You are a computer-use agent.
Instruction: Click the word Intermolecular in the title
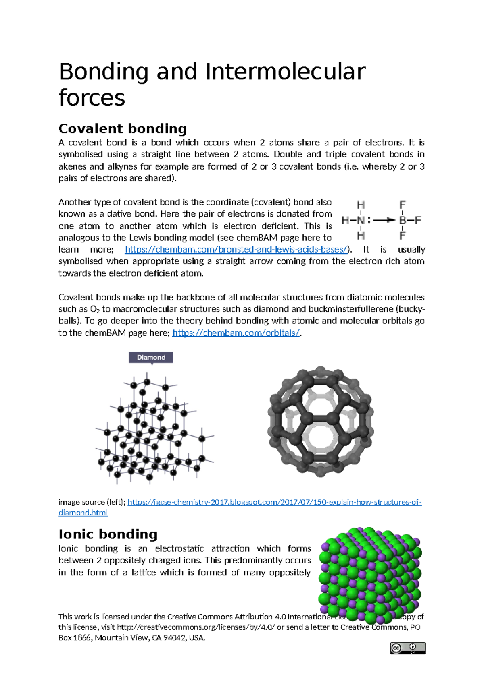coord(285,72)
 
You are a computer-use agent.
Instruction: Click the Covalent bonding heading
coord(123,129)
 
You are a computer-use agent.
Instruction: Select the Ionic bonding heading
coord(108,534)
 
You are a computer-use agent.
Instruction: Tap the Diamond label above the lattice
coord(151,357)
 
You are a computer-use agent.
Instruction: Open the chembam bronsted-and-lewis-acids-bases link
coord(236,250)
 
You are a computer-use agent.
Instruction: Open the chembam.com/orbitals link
coord(236,333)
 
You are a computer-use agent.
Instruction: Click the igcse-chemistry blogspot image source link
coord(274,502)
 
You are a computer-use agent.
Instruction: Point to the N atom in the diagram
coord(360,220)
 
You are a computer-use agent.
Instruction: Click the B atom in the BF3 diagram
coord(402,220)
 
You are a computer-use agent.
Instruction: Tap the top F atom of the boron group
coord(402,205)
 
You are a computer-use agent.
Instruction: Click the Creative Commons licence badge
coord(407,648)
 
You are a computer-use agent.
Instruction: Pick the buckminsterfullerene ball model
coord(320,422)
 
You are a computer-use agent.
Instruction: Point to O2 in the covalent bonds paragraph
coord(94,310)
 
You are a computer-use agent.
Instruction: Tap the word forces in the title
coord(92,98)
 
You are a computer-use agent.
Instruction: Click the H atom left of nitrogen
coord(346,220)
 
